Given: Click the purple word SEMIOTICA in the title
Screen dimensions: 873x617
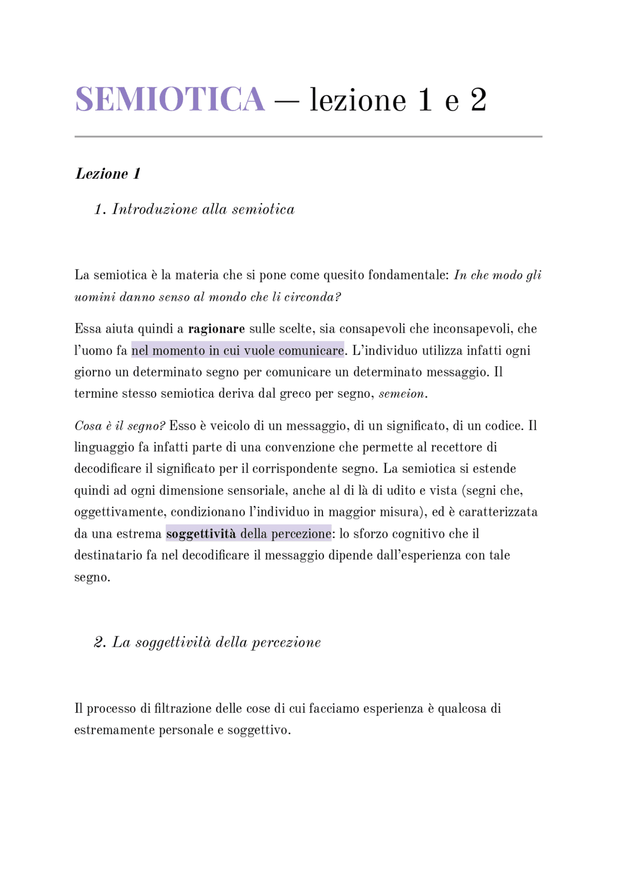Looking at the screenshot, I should coord(170,100).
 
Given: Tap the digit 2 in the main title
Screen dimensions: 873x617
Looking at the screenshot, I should coord(478,100).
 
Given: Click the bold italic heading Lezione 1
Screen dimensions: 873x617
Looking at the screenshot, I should coord(108,174).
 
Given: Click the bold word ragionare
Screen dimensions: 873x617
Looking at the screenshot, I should coord(216,329).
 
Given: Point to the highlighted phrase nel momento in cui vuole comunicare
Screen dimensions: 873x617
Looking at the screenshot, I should coord(238,350).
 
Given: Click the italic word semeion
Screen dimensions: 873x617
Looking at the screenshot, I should coord(402,394).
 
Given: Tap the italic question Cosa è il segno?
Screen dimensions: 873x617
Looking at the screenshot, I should coord(120,426).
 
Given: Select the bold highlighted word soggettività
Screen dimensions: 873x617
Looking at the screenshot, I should coord(201,534).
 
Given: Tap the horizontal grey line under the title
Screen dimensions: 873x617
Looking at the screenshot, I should coord(308,136).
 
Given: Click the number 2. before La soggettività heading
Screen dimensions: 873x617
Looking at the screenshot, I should coord(100,642).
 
